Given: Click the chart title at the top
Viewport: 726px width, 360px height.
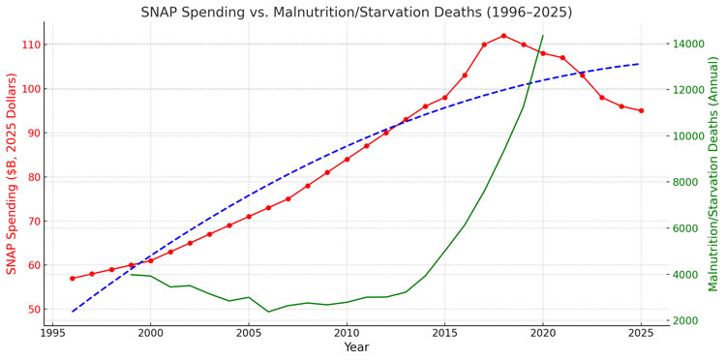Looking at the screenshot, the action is pyautogui.click(x=356, y=13).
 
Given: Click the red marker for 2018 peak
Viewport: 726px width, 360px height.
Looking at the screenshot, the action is pyautogui.click(x=503, y=36).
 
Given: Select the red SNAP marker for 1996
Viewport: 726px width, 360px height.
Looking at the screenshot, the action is pyautogui.click(x=73, y=278).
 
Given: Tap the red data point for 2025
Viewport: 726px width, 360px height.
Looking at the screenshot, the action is pyautogui.click(x=641, y=110).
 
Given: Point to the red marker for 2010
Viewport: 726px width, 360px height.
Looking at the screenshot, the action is pyautogui.click(x=347, y=159).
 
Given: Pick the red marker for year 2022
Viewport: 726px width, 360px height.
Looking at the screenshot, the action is pyautogui.click(x=583, y=75).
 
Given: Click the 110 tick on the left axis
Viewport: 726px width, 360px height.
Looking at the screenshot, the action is pyautogui.click(x=31, y=45).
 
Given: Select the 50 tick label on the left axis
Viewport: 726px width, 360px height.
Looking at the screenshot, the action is pyautogui.click(x=34, y=309).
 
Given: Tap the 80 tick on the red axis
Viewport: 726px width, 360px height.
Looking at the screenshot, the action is pyautogui.click(x=34, y=177).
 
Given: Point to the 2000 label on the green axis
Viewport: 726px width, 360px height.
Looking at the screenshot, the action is pyautogui.click(x=684, y=320).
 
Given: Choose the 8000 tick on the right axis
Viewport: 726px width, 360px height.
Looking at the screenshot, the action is pyautogui.click(x=684, y=182).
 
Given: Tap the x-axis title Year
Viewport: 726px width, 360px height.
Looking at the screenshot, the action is pyautogui.click(x=356, y=347).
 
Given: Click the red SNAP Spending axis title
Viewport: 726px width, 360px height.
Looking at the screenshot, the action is pyautogui.click(x=11, y=173).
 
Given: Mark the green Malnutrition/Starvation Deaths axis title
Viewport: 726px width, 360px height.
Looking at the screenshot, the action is pyautogui.click(x=713, y=173).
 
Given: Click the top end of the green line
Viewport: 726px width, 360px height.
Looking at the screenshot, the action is pyautogui.click(x=543, y=35).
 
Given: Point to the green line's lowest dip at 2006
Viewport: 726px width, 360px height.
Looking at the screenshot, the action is pyautogui.click(x=268, y=312).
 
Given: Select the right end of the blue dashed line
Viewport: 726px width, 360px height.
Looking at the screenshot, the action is pyautogui.click(x=641, y=64).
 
